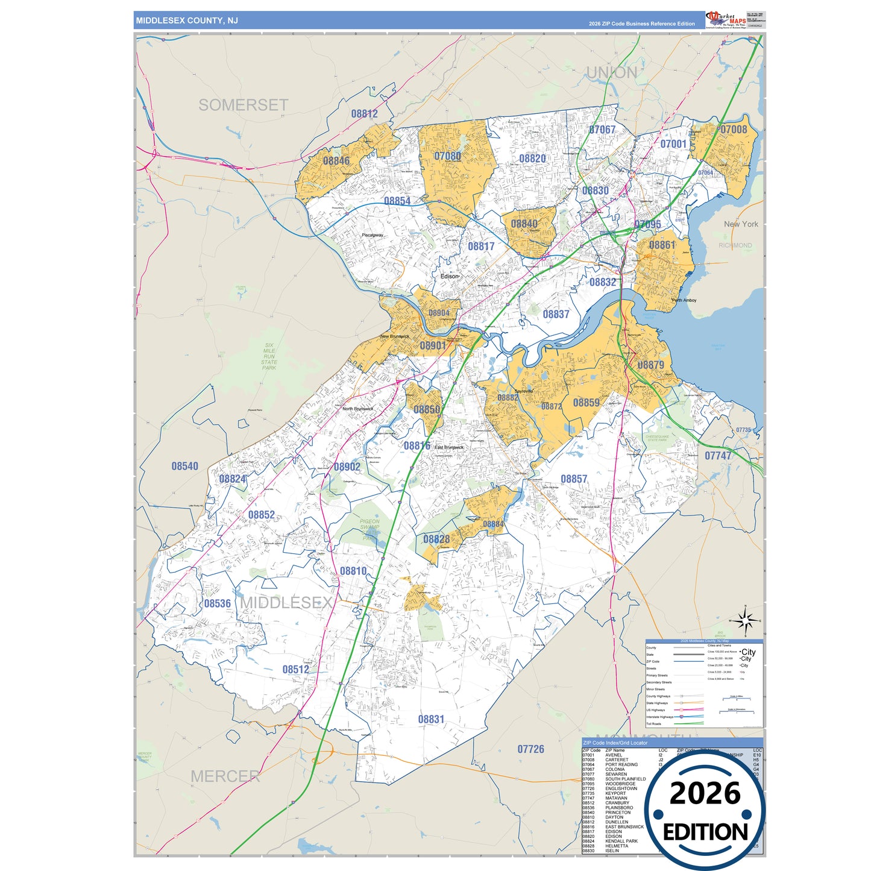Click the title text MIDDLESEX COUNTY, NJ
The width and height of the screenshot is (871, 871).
click(x=187, y=20)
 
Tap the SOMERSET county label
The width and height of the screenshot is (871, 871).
click(x=243, y=105)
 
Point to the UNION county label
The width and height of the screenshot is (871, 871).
click(x=611, y=73)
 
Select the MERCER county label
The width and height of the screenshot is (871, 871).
click(x=225, y=776)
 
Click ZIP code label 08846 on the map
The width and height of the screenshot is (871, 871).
click(x=336, y=161)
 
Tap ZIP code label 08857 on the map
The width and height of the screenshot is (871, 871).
click(x=573, y=479)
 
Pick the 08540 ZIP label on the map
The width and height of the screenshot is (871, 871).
click(x=184, y=466)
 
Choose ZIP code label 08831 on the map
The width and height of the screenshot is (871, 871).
click(x=431, y=719)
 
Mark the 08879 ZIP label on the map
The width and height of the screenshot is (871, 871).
click(x=650, y=365)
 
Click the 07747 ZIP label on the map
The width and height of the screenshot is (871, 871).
click(x=718, y=456)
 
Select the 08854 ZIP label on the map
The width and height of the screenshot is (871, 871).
click(x=397, y=201)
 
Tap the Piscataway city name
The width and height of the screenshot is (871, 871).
click(x=372, y=235)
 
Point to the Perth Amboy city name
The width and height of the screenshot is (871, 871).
click(x=684, y=300)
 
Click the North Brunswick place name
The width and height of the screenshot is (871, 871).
click(x=357, y=409)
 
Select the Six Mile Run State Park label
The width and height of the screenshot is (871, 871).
click(x=269, y=356)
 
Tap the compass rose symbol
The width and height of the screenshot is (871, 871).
click(x=745, y=620)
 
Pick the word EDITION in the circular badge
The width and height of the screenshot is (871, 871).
click(x=705, y=832)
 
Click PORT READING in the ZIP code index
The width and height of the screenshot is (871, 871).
click(x=621, y=764)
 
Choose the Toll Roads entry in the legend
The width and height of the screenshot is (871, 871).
click(x=653, y=724)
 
